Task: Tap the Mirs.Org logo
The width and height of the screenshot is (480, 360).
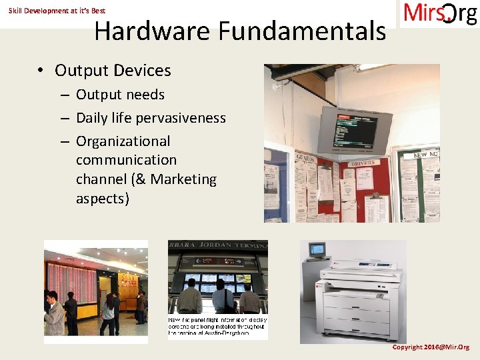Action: click(x=440, y=14)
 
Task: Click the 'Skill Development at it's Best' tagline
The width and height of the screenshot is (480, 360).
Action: click(x=57, y=11)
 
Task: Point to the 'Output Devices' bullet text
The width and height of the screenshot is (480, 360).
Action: click(x=113, y=71)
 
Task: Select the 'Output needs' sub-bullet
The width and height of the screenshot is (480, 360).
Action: click(x=120, y=95)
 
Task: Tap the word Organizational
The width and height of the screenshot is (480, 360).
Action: click(x=123, y=141)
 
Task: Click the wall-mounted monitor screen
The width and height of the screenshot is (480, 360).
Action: click(x=348, y=128)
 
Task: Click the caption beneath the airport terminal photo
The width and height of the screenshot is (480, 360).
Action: click(x=216, y=327)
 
